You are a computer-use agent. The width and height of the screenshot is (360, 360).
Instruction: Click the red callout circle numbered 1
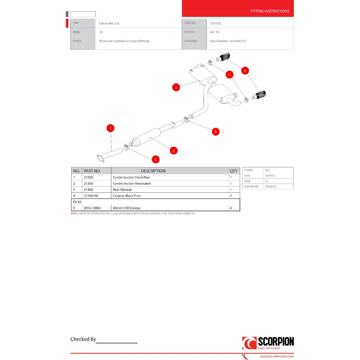click(x=111, y=128)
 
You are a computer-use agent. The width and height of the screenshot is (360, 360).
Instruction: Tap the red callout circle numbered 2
click(x=174, y=150)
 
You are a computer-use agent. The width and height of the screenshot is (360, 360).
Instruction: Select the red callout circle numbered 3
click(x=176, y=87)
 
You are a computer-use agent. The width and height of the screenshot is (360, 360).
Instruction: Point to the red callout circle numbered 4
click(x=245, y=71)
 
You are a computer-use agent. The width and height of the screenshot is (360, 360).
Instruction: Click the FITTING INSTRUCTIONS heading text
click(x=270, y=11)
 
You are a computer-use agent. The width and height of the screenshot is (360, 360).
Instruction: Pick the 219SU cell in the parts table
click(x=89, y=177)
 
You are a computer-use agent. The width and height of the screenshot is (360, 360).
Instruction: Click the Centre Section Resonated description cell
click(x=132, y=184)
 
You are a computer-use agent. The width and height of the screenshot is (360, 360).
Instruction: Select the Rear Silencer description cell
click(x=122, y=190)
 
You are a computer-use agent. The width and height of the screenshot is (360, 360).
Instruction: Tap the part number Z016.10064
click(x=92, y=208)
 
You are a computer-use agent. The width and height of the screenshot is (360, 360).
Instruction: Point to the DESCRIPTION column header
click(x=153, y=171)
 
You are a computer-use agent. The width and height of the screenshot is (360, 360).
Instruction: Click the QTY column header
click(x=234, y=171)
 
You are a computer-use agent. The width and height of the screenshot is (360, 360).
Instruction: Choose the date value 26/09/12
click(x=270, y=175)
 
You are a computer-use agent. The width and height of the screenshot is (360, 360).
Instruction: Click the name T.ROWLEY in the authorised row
click(x=271, y=186)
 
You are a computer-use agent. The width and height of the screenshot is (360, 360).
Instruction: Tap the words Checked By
click(x=83, y=339)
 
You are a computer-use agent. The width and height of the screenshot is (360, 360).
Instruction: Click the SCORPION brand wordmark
click(x=276, y=342)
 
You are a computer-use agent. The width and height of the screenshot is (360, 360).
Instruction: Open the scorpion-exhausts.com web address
click(x=276, y=356)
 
